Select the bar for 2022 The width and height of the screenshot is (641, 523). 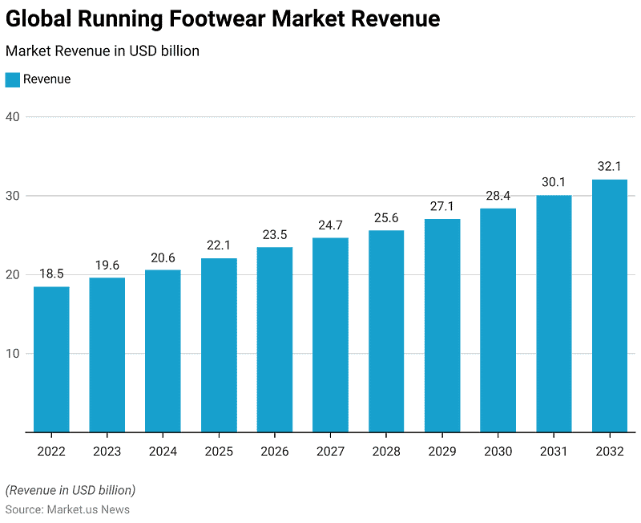coord(51,359)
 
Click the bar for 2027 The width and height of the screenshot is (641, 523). coord(330,334)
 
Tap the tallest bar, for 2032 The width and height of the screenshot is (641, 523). coord(610,306)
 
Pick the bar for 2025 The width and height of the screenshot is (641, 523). coord(219,345)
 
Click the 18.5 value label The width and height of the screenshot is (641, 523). coord(51,274)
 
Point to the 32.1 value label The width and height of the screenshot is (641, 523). coord(610,166)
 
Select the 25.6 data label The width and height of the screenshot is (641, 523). coord(386,217)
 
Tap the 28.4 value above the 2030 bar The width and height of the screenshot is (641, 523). coord(498,196)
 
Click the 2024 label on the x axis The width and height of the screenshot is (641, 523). coord(163,451)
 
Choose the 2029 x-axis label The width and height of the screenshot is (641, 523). coord(442,451)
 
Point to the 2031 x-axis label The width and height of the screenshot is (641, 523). coord(554,451)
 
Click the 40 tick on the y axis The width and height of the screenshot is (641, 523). coord(13,117)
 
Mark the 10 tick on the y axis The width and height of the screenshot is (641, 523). coord(13,354)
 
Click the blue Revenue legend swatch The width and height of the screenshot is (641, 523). coord(13,79)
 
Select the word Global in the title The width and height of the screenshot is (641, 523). coord(38,18)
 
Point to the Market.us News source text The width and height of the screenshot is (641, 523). coord(88,509)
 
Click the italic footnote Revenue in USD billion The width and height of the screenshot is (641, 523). coord(71,490)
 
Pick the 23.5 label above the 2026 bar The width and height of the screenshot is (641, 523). coord(275,235)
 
